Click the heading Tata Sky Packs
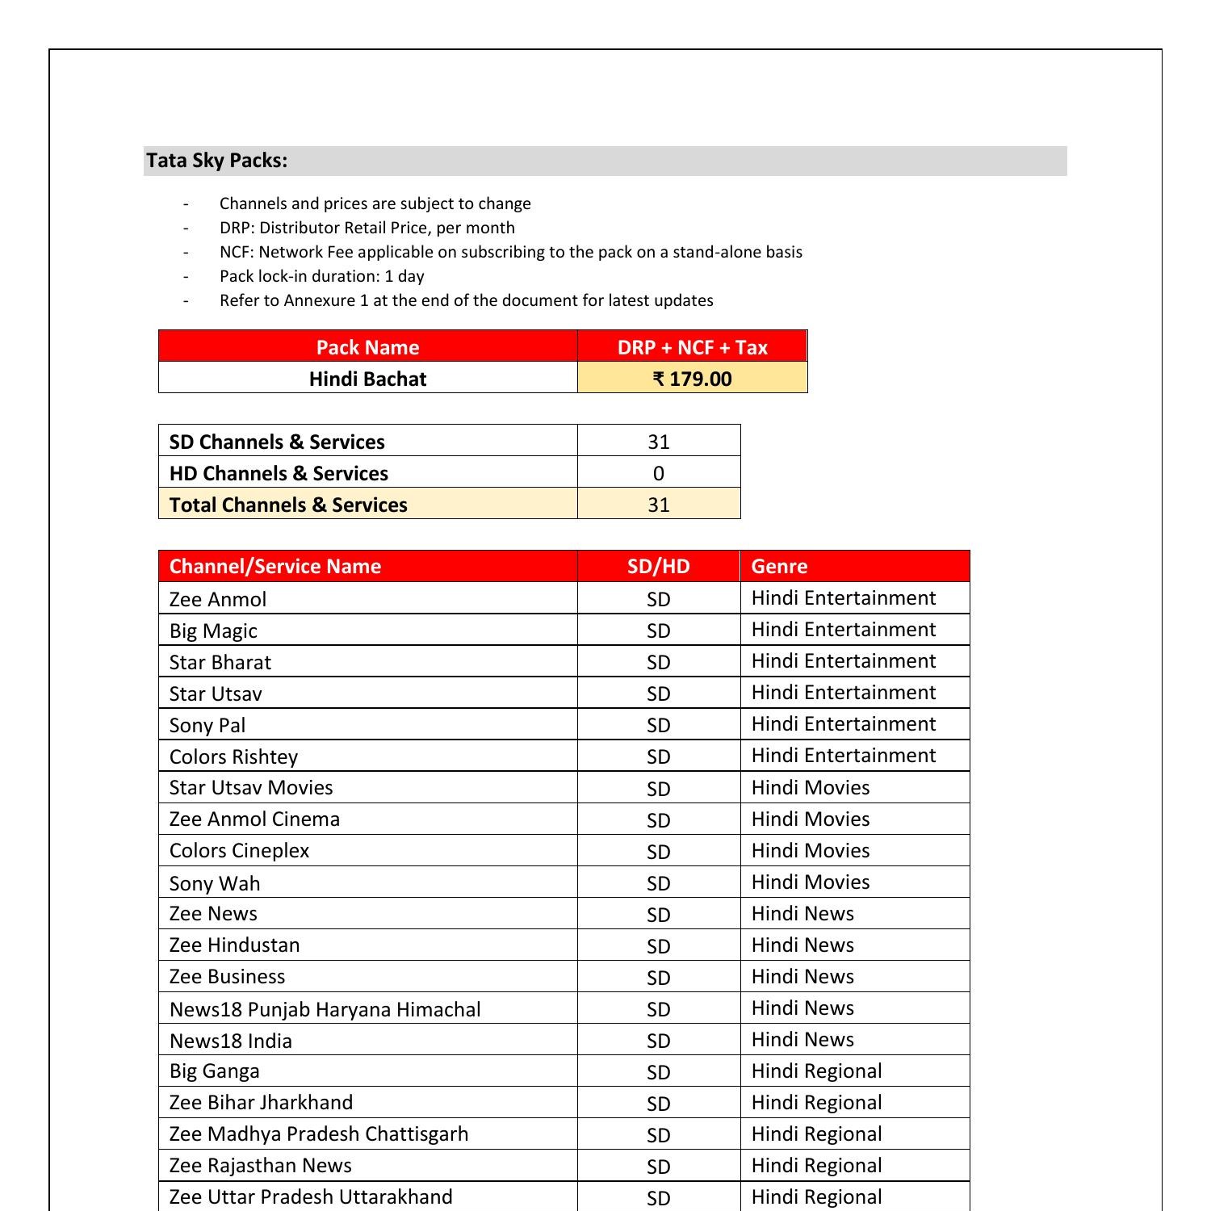[x=216, y=161]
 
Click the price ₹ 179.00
[x=692, y=379]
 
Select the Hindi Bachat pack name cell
[x=367, y=379]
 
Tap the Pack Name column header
[x=367, y=347]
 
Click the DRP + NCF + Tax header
[x=692, y=347]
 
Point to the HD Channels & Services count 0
[x=658, y=473]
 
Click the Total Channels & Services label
[x=288, y=505]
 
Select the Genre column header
[x=779, y=566]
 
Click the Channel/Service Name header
[x=274, y=566]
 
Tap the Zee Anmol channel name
[x=218, y=599]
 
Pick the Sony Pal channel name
[x=207, y=725]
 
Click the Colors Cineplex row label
[x=239, y=851]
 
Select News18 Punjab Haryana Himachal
[x=325, y=1009]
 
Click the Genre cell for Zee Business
[x=802, y=977]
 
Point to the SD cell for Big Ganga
[x=658, y=1072]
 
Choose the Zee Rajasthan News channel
[x=260, y=1166]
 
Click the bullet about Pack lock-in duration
[x=321, y=276]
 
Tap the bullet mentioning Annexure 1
[x=466, y=300]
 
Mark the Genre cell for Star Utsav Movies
[x=810, y=788]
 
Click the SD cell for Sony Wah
[x=658, y=883]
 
